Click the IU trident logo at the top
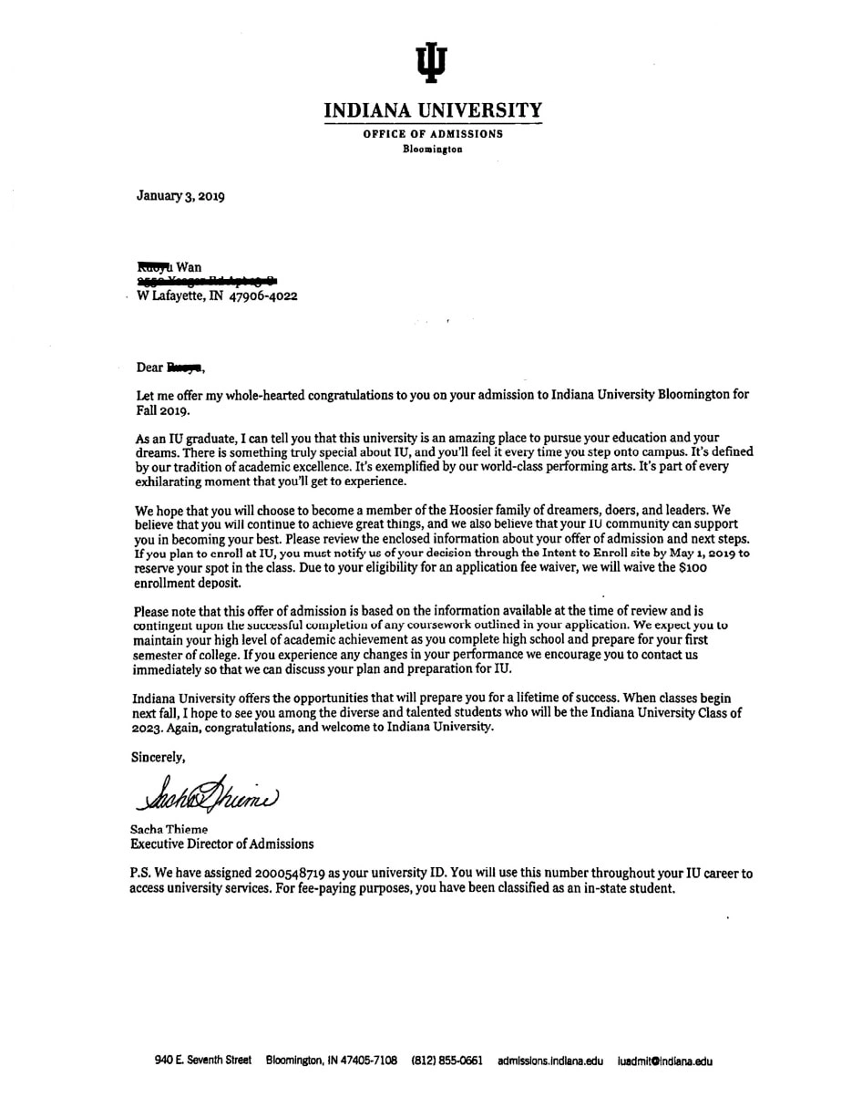point(432,61)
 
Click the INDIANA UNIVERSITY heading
point(433,111)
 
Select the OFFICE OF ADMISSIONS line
point(433,134)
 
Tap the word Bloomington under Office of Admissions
point(433,149)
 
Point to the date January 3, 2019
point(180,196)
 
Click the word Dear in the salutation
point(149,367)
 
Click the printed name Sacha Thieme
point(169,830)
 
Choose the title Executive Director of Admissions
point(222,844)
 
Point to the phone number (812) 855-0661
point(446,1061)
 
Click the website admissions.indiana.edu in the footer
point(550,1061)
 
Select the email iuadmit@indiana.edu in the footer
point(664,1061)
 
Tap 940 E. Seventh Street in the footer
point(202,1061)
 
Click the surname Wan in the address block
point(190,268)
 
